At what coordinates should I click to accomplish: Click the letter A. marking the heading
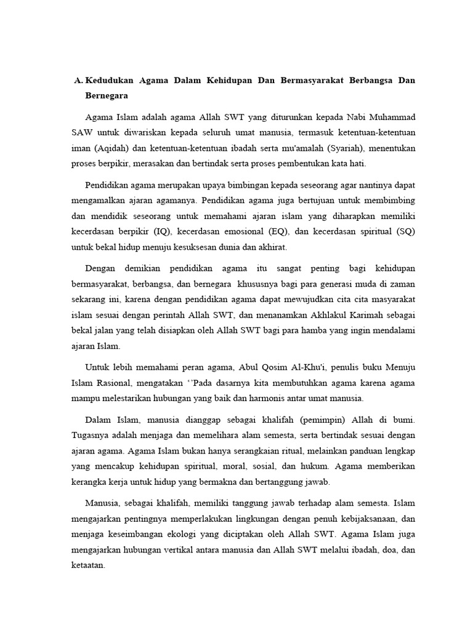tap(78, 81)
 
